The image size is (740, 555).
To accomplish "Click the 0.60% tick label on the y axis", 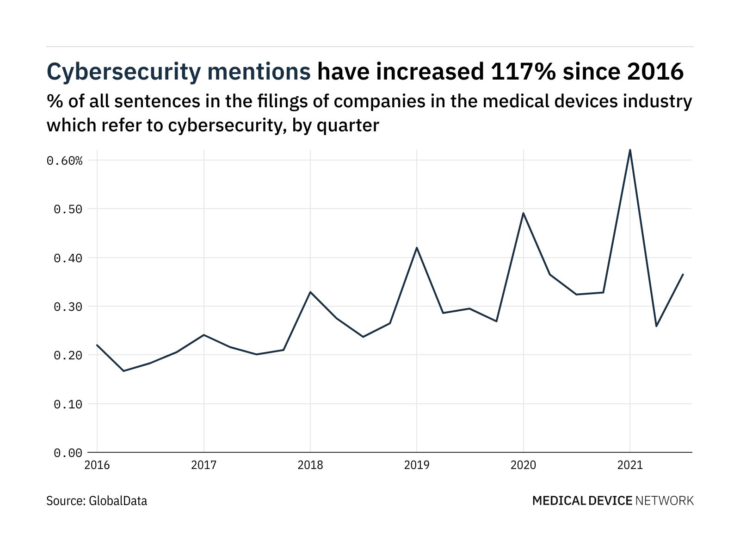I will (x=64, y=160).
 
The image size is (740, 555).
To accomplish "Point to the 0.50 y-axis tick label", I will (x=68, y=209).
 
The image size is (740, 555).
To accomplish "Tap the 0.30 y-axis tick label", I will (x=68, y=307).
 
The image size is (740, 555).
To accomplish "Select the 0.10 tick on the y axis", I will (x=68, y=404).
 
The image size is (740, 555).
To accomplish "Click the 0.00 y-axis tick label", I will (x=68, y=453).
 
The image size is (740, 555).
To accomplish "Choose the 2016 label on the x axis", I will (x=97, y=465).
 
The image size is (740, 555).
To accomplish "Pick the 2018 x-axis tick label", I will (x=310, y=465).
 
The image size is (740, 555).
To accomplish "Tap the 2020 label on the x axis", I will (x=523, y=465).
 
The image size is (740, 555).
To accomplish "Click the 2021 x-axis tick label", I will (x=630, y=465).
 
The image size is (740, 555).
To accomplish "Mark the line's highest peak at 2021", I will (x=630, y=150).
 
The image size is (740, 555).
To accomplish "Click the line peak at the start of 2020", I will (x=523, y=213).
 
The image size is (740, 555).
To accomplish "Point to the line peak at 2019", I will (x=417, y=247).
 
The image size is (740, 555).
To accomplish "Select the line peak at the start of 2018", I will (x=310, y=292).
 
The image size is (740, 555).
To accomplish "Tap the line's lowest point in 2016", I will (x=123, y=371).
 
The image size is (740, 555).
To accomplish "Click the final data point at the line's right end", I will (x=683, y=274).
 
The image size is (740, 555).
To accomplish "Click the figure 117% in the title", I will (x=519, y=72).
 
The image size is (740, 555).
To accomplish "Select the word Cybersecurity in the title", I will (x=124, y=72).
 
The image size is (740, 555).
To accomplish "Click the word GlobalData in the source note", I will (x=118, y=500).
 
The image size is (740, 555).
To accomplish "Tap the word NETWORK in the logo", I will (x=665, y=500).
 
